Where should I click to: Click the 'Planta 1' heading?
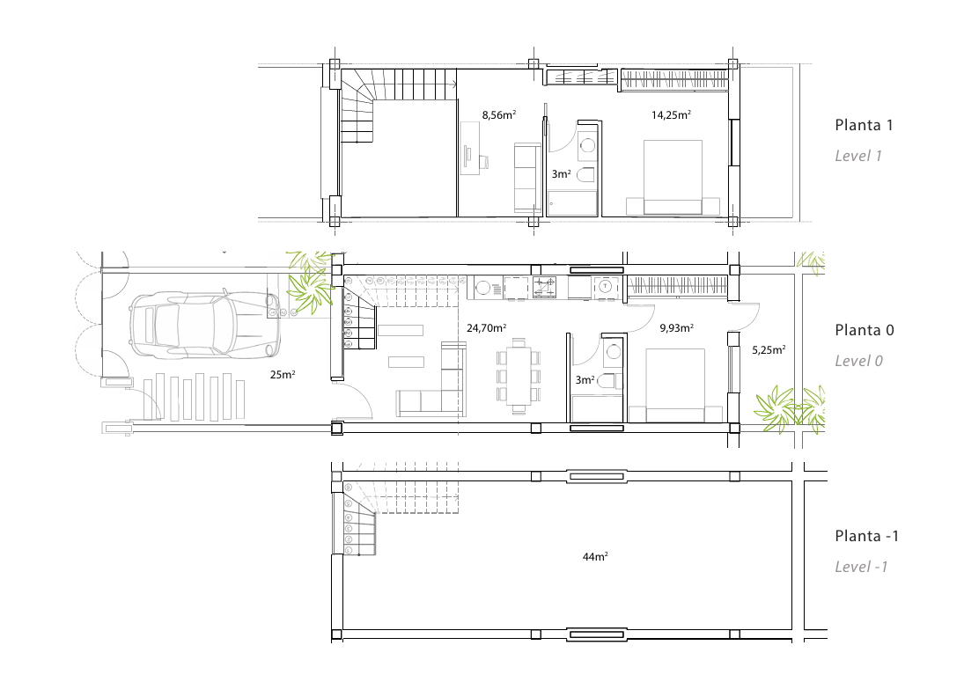pyautogui.click(x=863, y=125)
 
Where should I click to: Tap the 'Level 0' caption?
pyautogui.click(x=858, y=362)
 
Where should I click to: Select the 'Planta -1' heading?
pyautogui.click(x=866, y=536)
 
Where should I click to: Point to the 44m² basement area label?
pyautogui.click(x=595, y=557)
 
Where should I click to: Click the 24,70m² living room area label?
pyautogui.click(x=486, y=328)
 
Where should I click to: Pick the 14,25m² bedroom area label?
pyautogui.click(x=672, y=115)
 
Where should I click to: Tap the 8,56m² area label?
pyautogui.click(x=498, y=115)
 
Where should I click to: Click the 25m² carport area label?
pyautogui.click(x=283, y=374)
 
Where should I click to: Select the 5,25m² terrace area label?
pyautogui.click(x=769, y=350)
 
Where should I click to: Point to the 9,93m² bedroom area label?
pyautogui.click(x=677, y=328)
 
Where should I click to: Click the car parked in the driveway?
pyautogui.click(x=205, y=325)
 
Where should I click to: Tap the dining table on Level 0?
pyautogui.click(x=519, y=376)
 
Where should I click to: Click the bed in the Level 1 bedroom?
pyautogui.click(x=673, y=178)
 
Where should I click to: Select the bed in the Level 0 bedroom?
pyautogui.click(x=675, y=385)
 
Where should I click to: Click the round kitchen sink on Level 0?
pyautogui.click(x=482, y=287)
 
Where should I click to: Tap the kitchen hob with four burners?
pyautogui.click(x=544, y=287)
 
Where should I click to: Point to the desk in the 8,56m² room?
pyautogui.click(x=470, y=148)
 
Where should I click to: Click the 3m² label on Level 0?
pyautogui.click(x=585, y=380)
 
